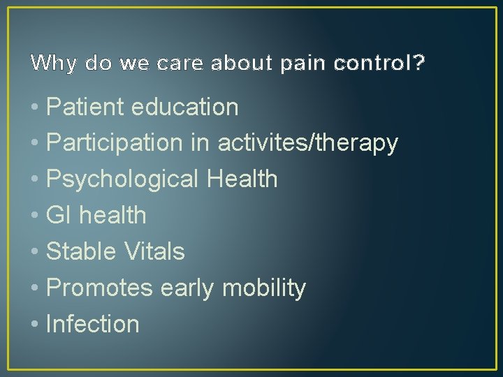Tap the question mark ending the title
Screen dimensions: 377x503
[x=418, y=63]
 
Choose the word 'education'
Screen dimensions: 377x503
[x=189, y=107]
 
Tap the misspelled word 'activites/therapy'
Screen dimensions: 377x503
[x=308, y=143]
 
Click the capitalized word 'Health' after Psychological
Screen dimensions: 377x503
[x=242, y=179]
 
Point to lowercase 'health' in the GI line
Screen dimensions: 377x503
[x=112, y=215]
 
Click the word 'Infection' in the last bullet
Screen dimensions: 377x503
[x=92, y=324]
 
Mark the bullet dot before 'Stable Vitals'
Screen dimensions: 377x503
[x=36, y=252]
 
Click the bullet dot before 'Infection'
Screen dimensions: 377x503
[x=36, y=325]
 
